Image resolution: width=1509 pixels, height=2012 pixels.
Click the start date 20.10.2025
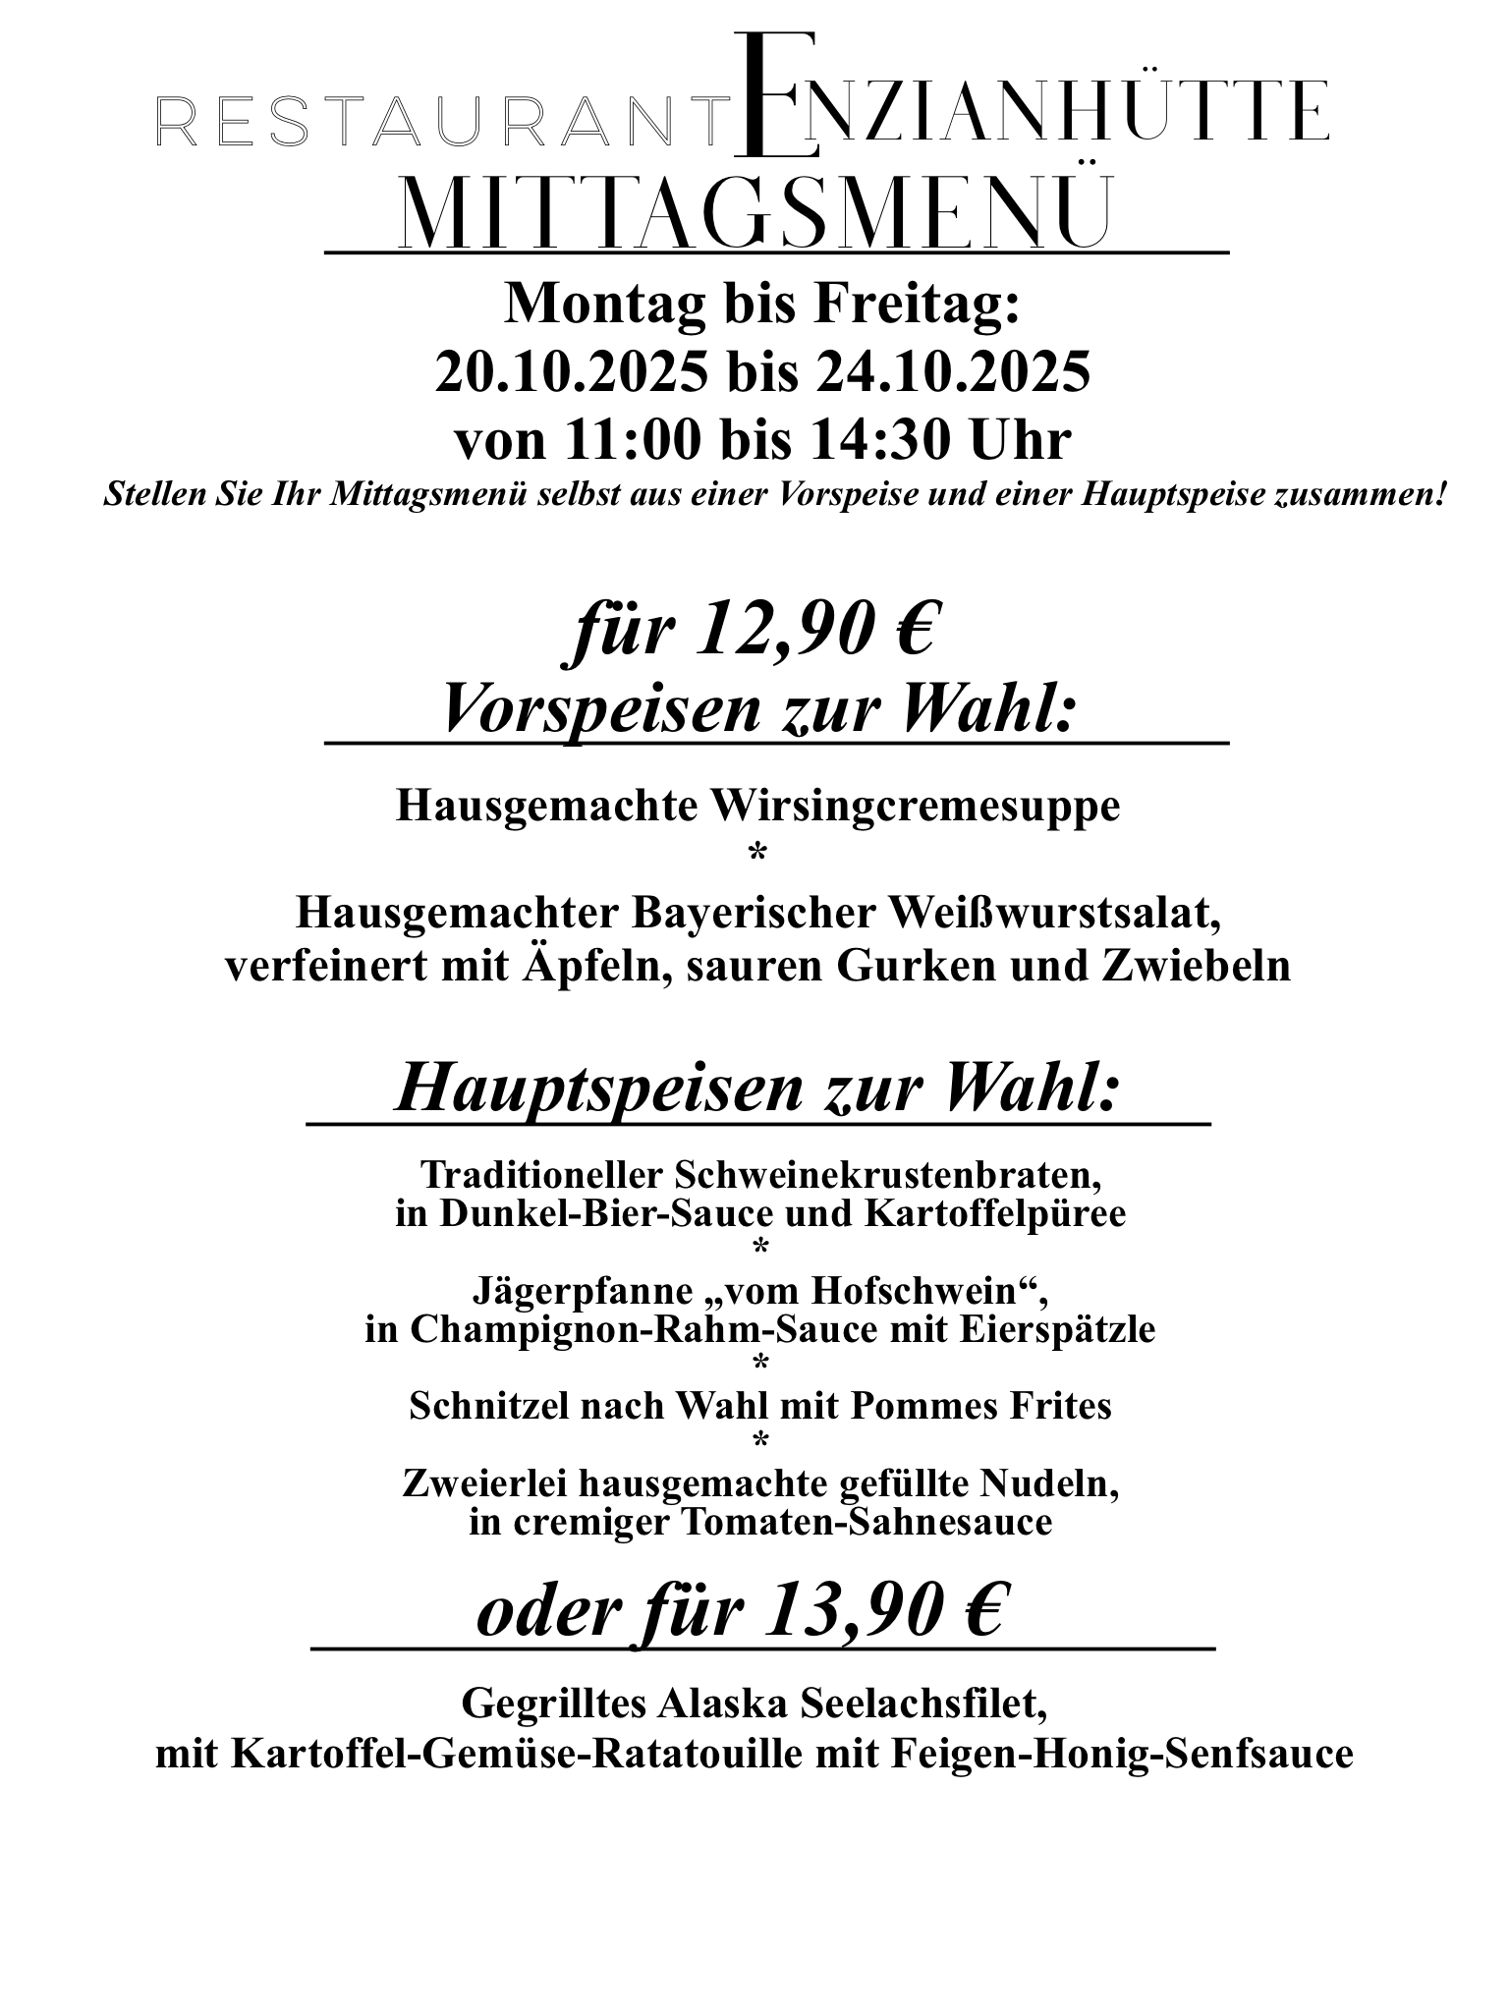click(571, 373)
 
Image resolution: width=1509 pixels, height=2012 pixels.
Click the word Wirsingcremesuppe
click(915, 807)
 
